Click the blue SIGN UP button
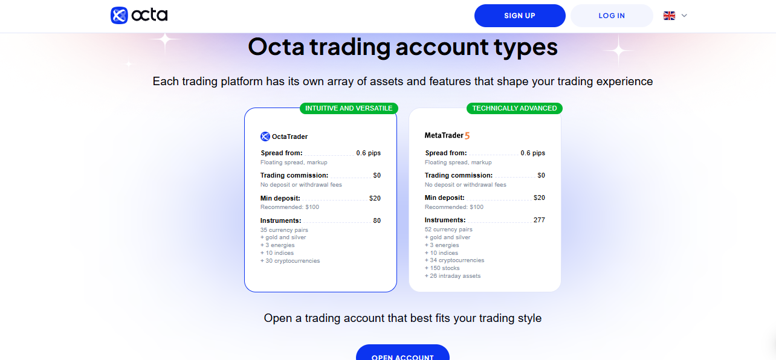(520, 16)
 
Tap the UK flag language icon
(669, 16)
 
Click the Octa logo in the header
(139, 15)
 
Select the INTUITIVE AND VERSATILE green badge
(349, 108)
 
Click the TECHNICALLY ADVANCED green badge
(514, 108)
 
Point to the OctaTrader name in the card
(289, 137)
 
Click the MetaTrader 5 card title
(447, 135)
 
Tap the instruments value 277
(539, 220)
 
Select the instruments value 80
(377, 221)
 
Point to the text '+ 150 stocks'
(442, 268)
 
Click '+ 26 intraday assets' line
(453, 276)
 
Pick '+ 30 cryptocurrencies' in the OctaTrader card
(290, 261)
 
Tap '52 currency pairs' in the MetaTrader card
(448, 230)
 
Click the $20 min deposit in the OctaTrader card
(375, 198)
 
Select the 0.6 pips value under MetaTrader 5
(533, 153)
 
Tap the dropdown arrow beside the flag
(684, 16)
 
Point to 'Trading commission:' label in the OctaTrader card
(294, 176)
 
